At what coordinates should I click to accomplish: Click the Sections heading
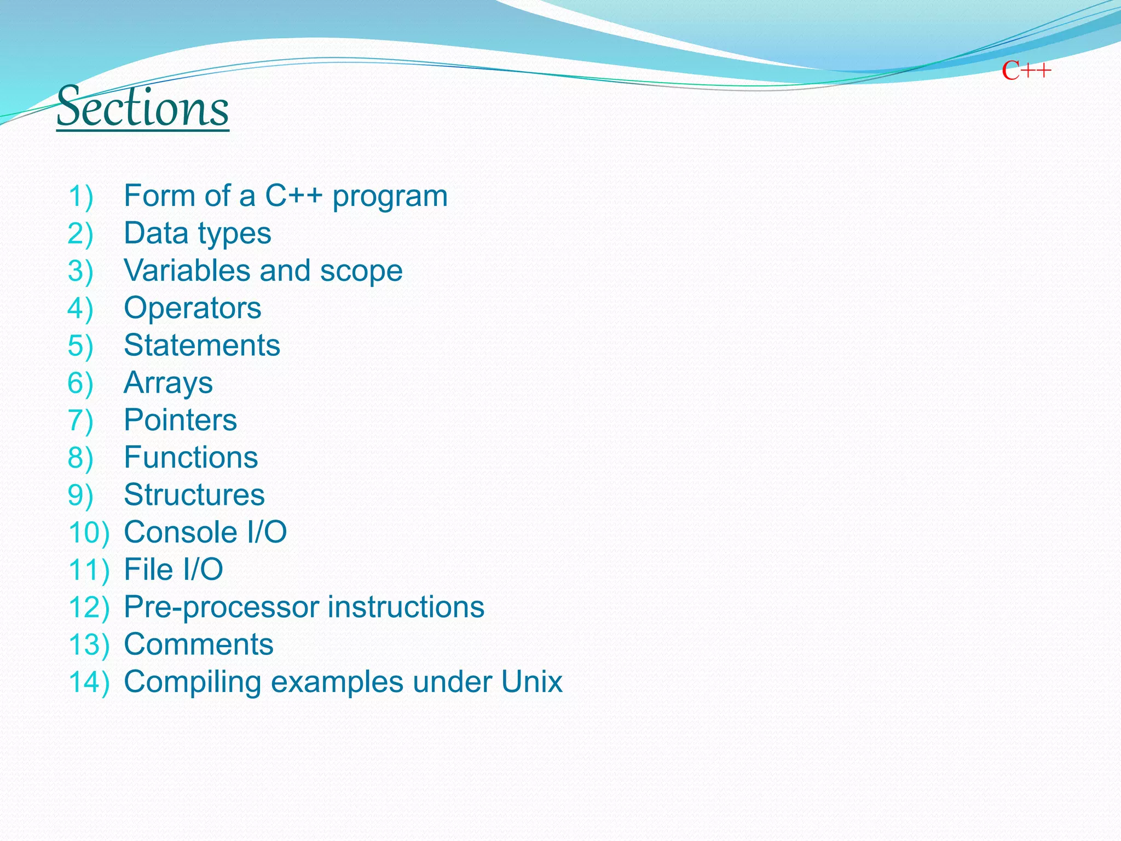point(142,107)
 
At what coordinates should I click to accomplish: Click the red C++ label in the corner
point(1026,71)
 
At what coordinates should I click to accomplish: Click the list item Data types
point(197,234)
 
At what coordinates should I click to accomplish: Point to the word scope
point(361,271)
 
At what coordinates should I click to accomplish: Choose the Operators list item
point(192,308)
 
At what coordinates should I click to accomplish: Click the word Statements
point(201,345)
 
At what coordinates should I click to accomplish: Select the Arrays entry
point(168,383)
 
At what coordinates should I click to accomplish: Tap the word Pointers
point(180,420)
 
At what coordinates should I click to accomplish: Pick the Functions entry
point(190,457)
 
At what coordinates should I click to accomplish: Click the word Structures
point(194,494)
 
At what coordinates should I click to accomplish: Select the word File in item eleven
point(148,569)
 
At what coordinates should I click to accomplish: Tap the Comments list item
point(198,644)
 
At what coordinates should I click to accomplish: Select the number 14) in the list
point(89,682)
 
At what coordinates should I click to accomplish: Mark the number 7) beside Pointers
point(80,420)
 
